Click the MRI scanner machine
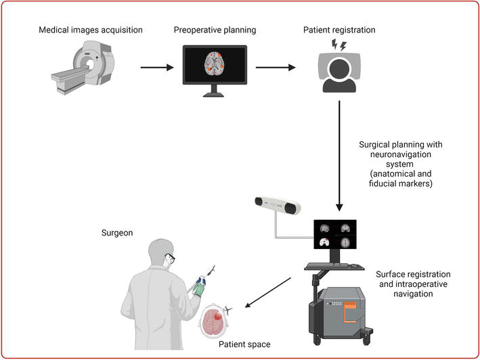tap(83, 68)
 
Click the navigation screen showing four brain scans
tap(334, 235)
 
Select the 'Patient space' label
tap(244, 345)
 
